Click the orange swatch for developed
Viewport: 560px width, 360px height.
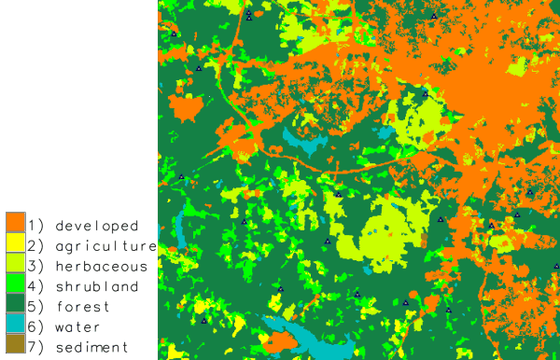(x=15, y=223)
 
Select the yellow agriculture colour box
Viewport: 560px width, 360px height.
(x=15, y=243)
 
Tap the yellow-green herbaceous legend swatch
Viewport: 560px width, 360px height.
(x=15, y=264)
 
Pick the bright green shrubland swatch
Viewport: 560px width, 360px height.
(x=15, y=284)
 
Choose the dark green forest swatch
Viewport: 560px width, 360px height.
(x=15, y=305)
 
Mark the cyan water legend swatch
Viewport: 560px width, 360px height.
(x=15, y=325)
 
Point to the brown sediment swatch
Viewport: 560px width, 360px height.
(x=15, y=346)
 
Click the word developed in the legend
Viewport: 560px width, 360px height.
(x=97, y=226)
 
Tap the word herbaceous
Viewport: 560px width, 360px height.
(x=102, y=267)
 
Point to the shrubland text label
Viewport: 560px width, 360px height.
(x=97, y=286)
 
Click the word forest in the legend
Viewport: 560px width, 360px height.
(x=83, y=307)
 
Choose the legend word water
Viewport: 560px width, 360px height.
(x=78, y=327)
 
